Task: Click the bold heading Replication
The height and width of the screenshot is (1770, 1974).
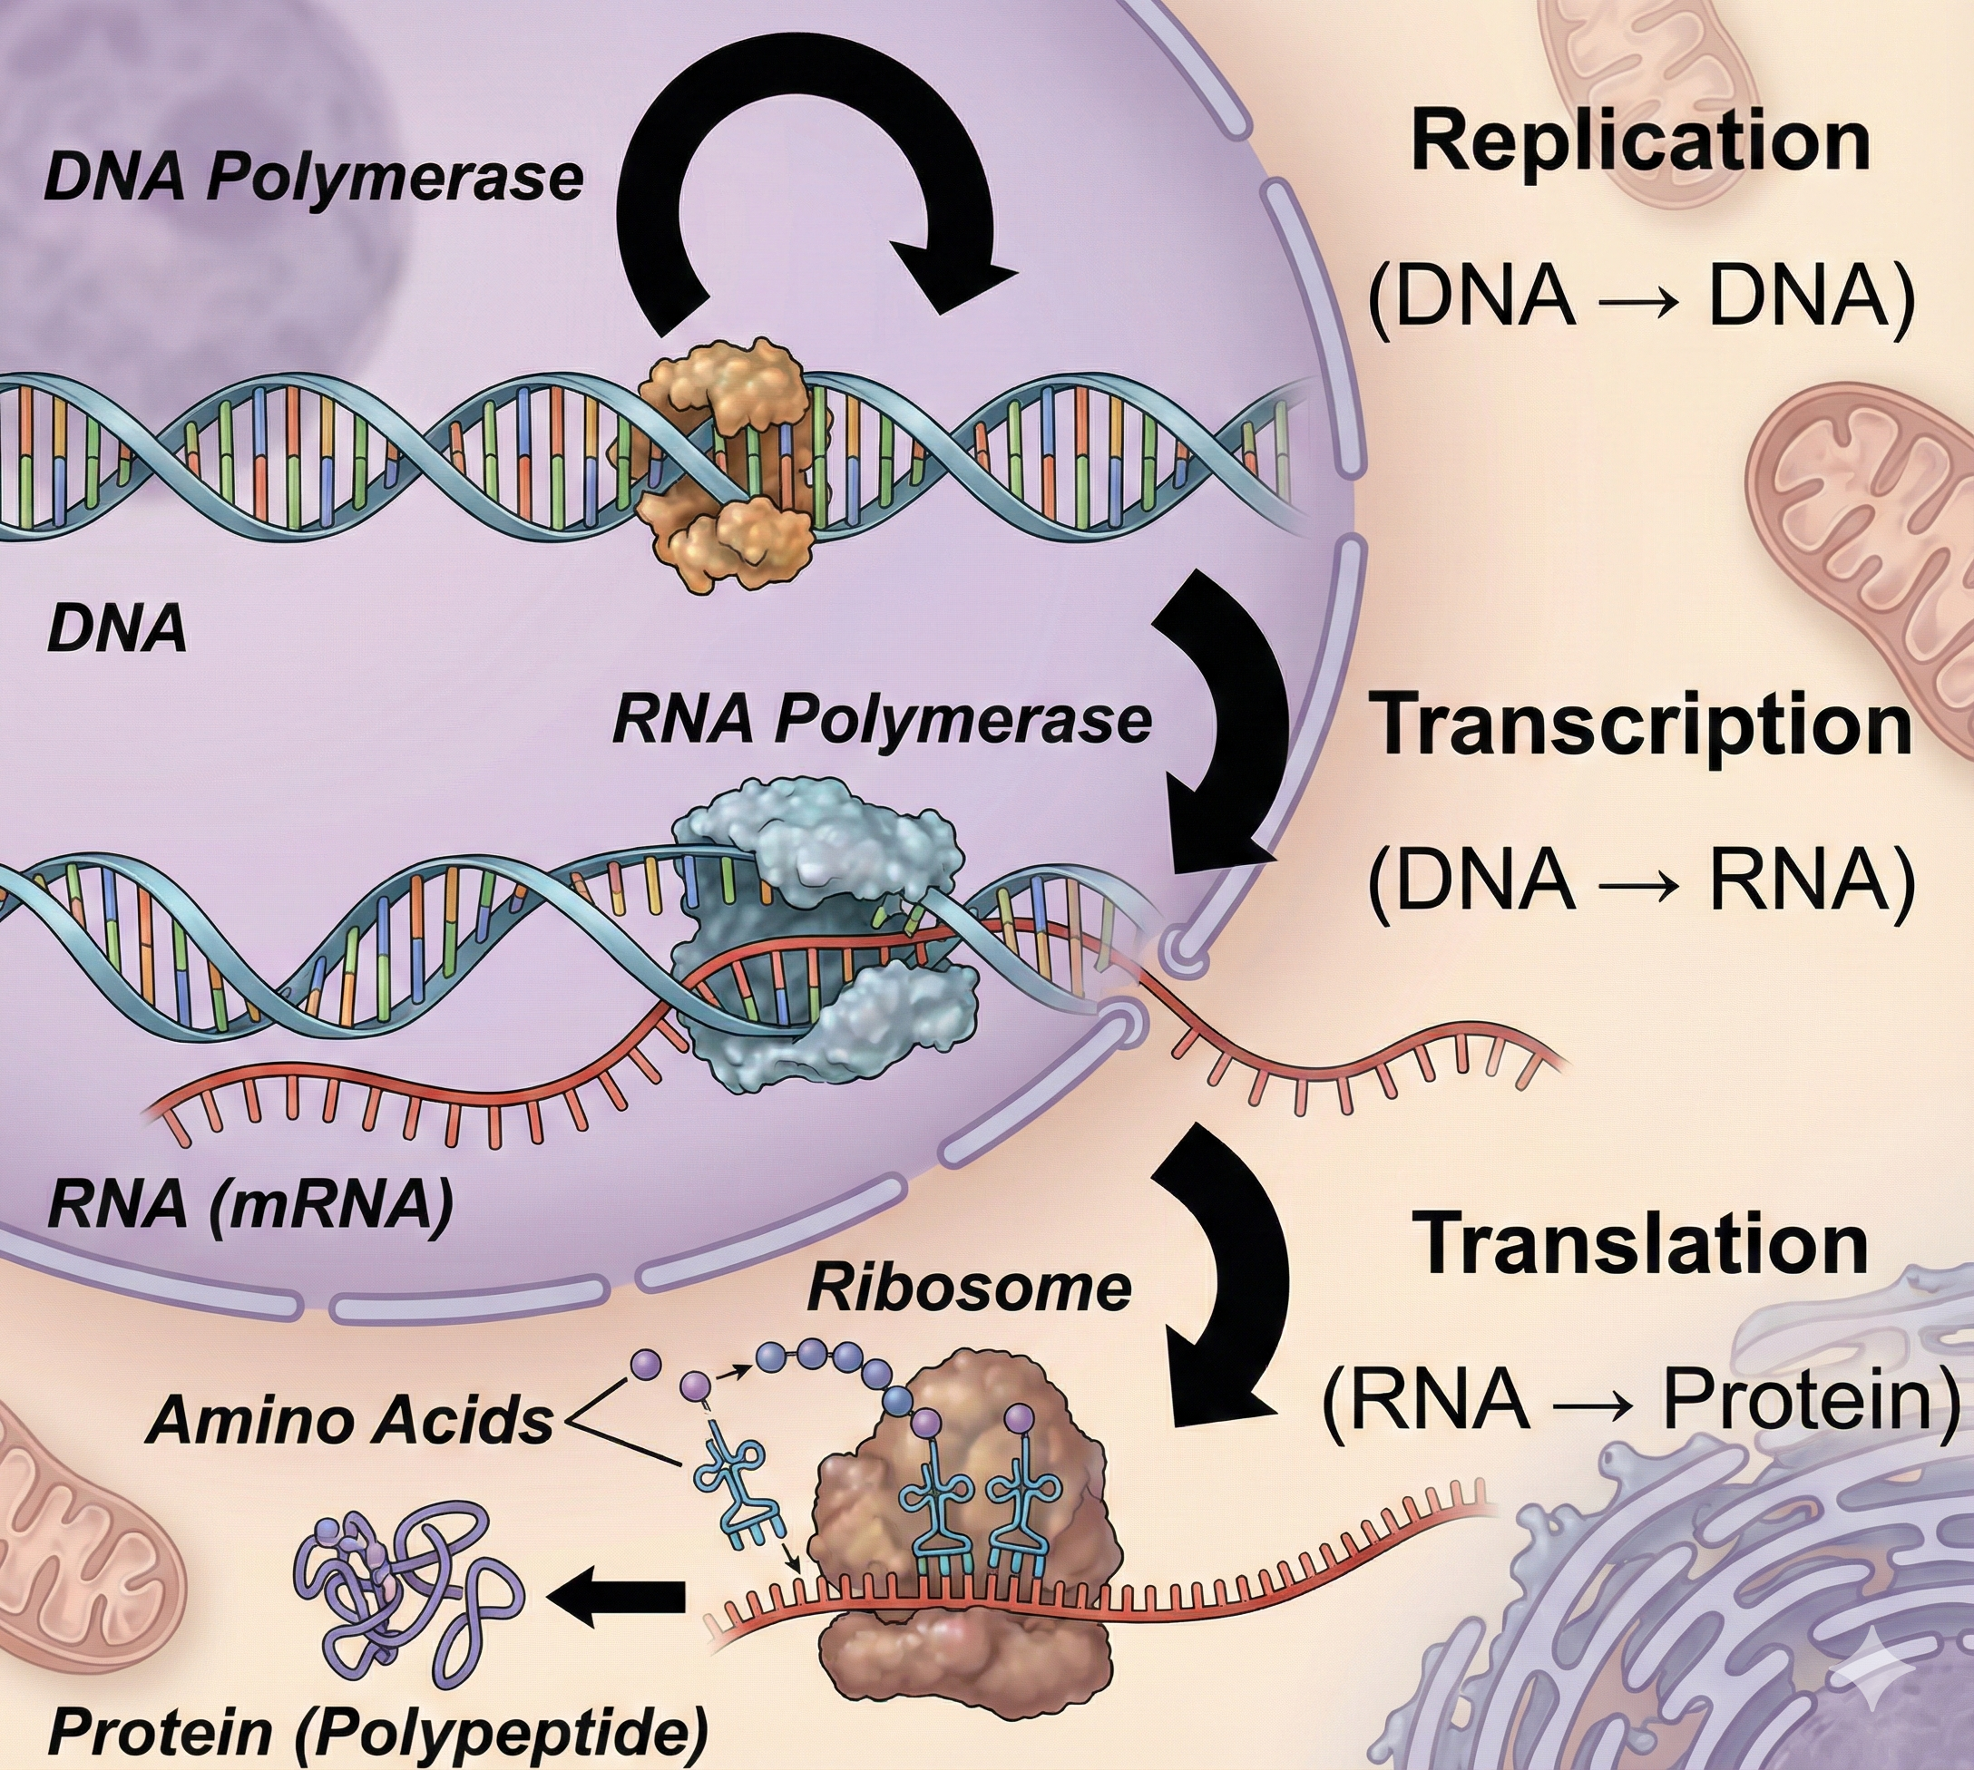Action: tap(1640, 142)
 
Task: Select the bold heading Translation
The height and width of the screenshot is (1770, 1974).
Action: tap(1640, 1245)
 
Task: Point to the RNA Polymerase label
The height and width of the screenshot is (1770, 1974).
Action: tap(882, 721)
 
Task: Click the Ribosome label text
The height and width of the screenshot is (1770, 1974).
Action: tap(969, 1289)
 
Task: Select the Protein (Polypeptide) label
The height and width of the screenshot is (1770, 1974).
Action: tap(377, 1731)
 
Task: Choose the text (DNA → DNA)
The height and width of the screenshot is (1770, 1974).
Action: tap(1640, 297)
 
